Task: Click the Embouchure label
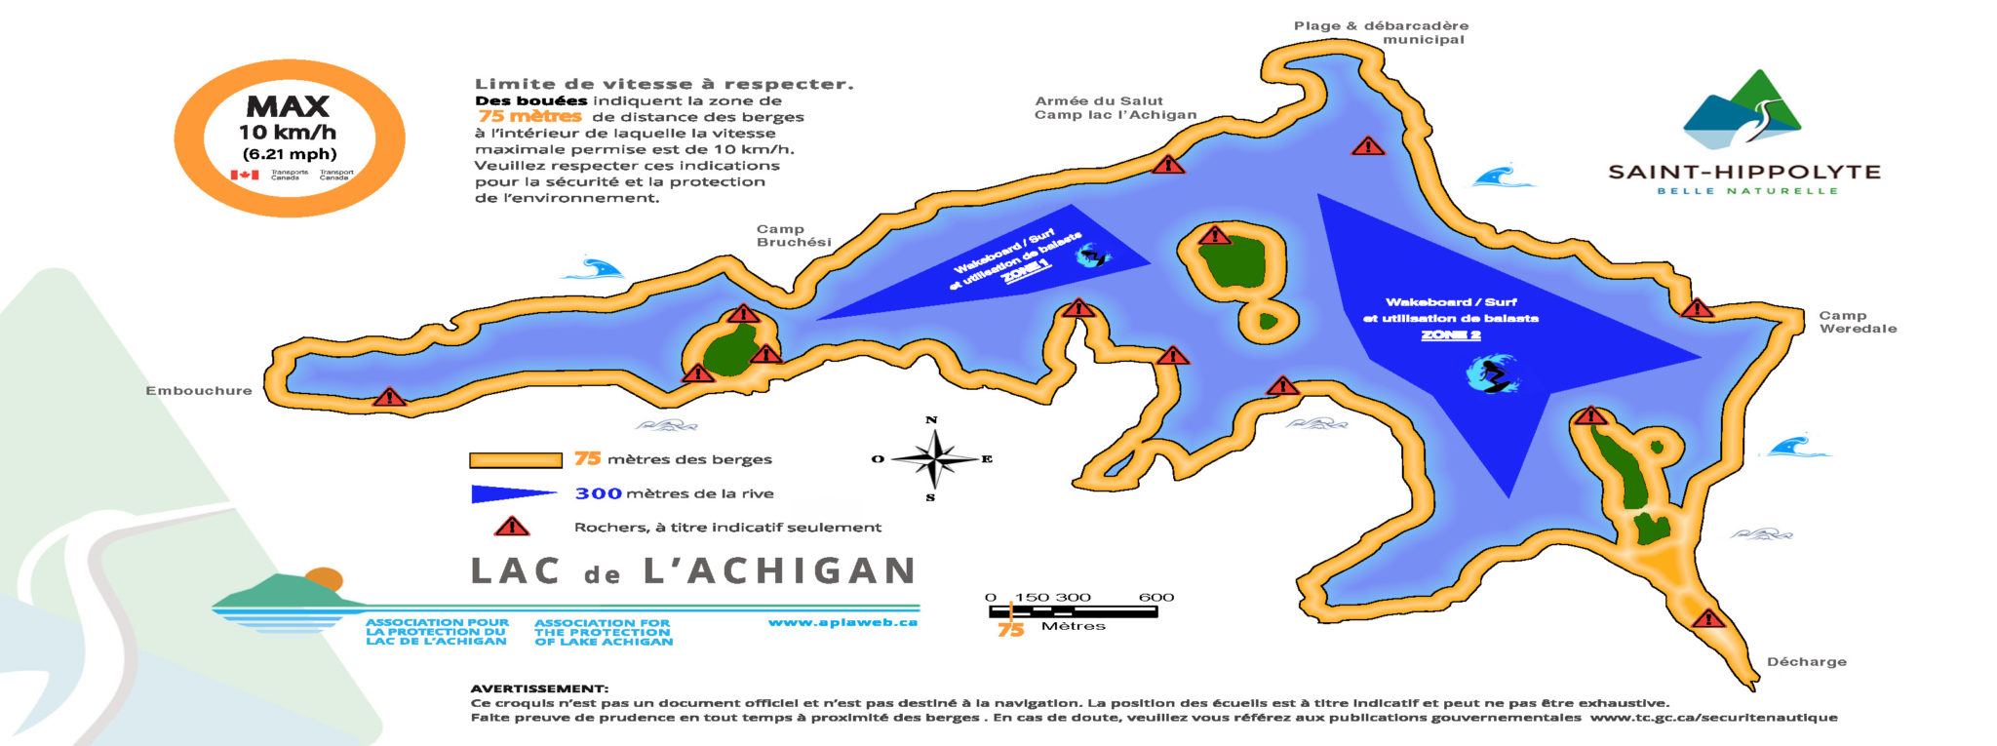199,391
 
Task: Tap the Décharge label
1806,662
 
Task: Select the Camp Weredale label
1858,322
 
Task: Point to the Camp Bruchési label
794,236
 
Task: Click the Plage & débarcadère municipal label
1381,32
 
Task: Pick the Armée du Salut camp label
1115,107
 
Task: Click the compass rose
934,458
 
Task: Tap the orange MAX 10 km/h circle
289,137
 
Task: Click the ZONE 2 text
1450,335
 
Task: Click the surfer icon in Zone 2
1492,374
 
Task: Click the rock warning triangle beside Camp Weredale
1697,309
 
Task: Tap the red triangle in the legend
511,527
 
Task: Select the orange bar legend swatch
516,460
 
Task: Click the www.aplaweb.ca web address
842,622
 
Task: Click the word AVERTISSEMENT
539,688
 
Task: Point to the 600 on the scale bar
1155,597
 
